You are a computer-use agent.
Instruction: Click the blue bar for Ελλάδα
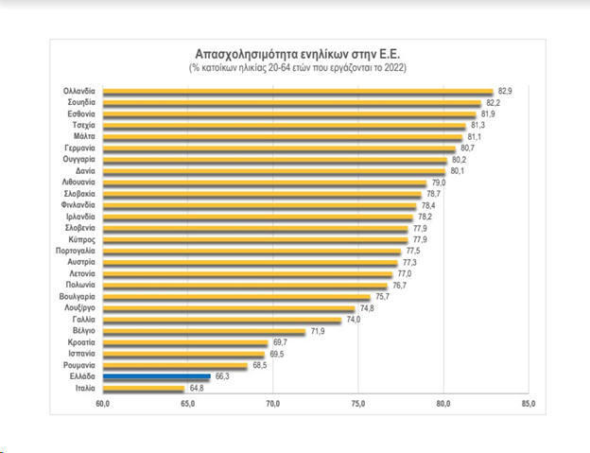pos(156,376)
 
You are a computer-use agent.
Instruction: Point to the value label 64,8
pos(197,388)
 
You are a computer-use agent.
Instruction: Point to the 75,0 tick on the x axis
pos(358,405)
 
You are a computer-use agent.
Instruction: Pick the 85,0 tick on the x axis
pos(529,405)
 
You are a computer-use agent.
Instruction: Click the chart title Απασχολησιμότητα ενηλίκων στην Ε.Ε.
pos(297,54)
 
